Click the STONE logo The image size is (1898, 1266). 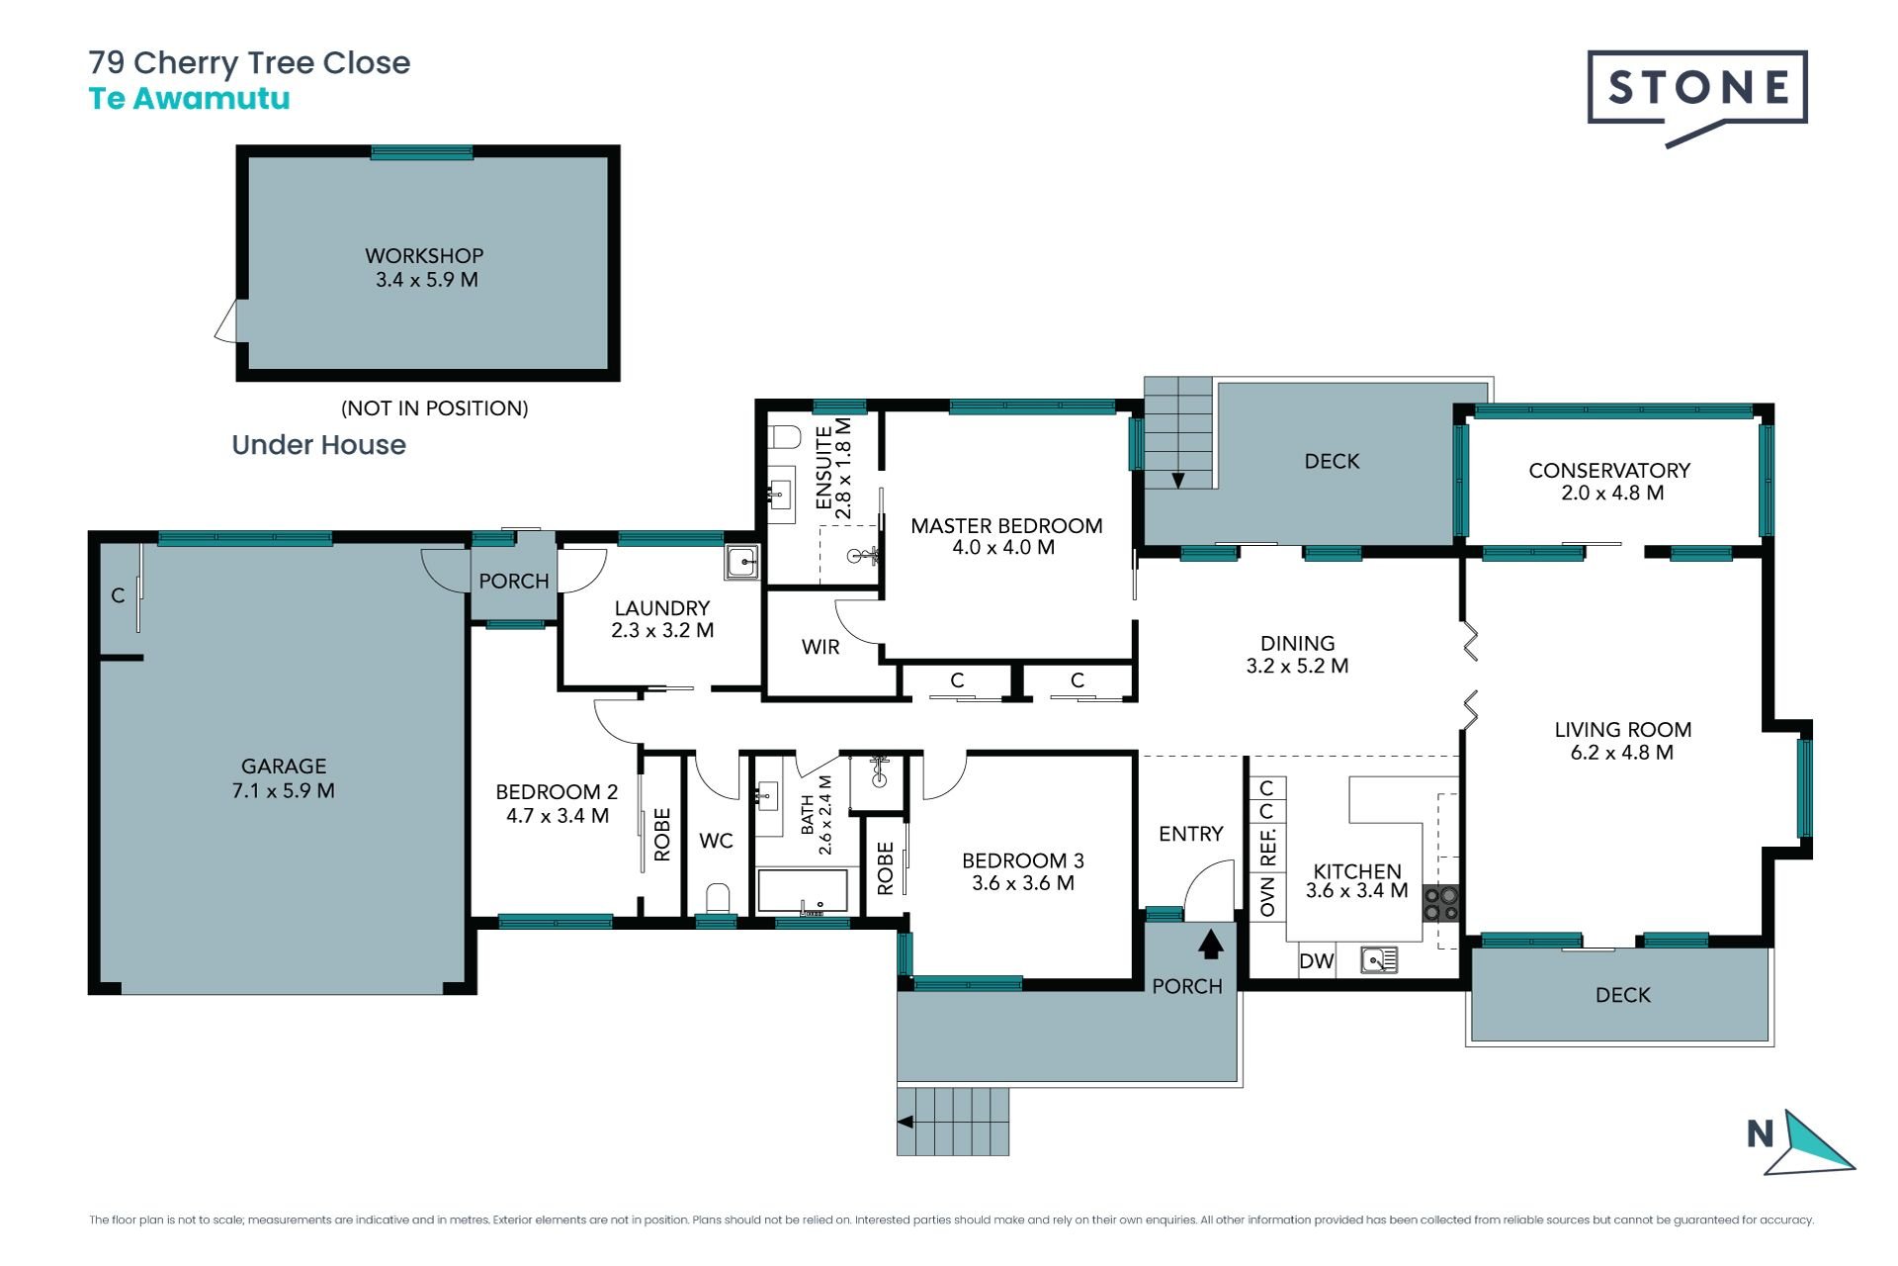click(x=1697, y=97)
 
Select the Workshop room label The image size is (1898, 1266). click(x=424, y=255)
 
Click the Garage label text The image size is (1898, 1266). click(x=284, y=767)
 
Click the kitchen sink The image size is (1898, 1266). click(x=1379, y=959)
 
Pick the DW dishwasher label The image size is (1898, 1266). click(x=1317, y=961)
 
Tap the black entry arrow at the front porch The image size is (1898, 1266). click(x=1211, y=945)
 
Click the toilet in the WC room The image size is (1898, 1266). click(x=718, y=897)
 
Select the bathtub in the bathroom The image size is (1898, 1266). click(x=803, y=891)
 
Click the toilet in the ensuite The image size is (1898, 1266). click(x=786, y=437)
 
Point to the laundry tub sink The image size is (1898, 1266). click(x=740, y=562)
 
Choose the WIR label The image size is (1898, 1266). click(x=820, y=647)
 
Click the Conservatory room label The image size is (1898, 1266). click(x=1609, y=471)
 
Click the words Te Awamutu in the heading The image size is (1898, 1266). click(x=190, y=99)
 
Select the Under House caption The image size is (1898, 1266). click(x=318, y=445)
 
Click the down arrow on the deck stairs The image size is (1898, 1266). click(x=1178, y=481)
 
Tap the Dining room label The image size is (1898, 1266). click(x=1297, y=644)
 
